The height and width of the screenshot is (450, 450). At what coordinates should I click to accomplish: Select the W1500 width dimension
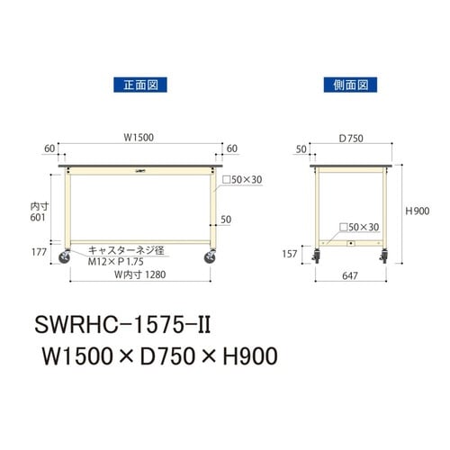139,137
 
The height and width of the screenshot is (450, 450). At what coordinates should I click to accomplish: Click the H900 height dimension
418,211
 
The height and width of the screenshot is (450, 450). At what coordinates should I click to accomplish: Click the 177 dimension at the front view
39,253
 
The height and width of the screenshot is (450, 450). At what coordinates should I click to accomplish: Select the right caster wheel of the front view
211,258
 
